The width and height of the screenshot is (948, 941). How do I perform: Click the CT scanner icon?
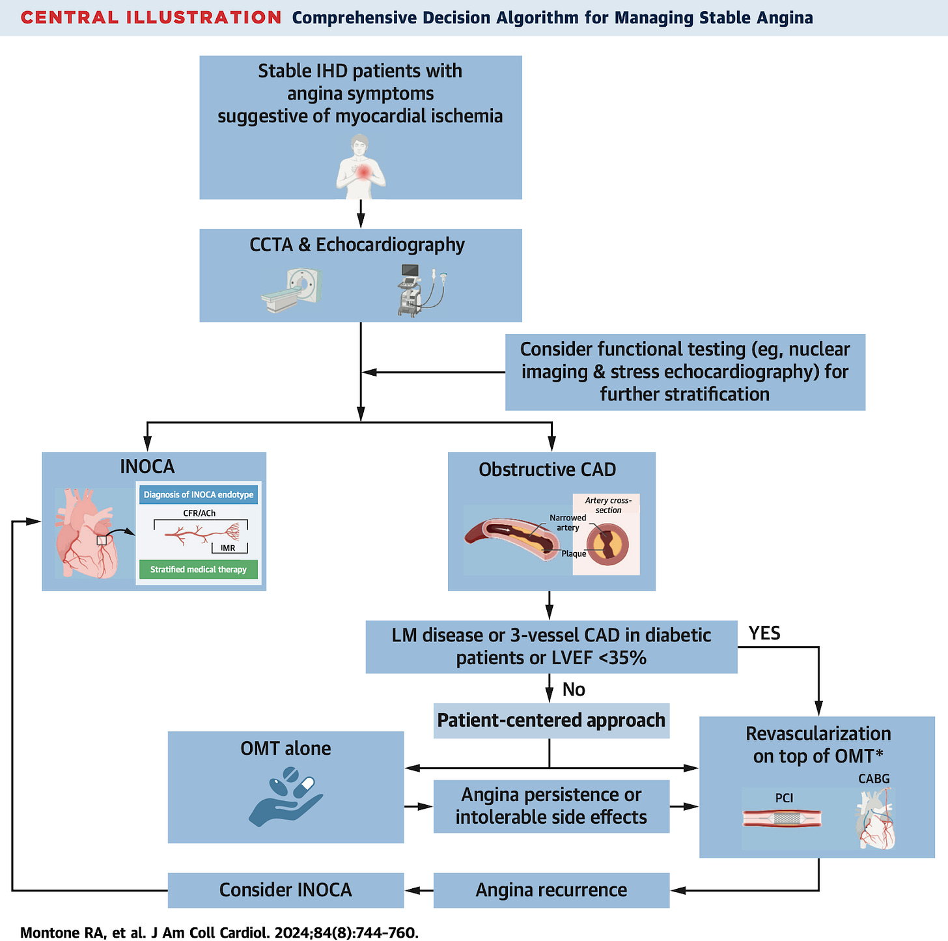pos(292,290)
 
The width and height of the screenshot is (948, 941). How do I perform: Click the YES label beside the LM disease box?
pos(764,634)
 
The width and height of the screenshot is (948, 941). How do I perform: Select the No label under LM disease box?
pos(574,690)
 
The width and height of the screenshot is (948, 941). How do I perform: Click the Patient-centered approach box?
pos(551,720)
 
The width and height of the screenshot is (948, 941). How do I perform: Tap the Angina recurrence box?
pos(551,890)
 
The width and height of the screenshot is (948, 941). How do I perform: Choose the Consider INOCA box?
pos(286,890)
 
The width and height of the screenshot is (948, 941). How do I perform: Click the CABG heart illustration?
pos(876,819)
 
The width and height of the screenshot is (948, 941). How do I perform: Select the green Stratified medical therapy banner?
pos(199,570)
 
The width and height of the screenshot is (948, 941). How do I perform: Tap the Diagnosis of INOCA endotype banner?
pos(199,495)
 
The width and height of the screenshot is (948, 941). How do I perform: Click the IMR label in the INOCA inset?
pos(228,548)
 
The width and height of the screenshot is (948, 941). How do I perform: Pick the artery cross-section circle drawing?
pos(607,544)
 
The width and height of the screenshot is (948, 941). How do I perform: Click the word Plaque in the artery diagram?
pos(574,554)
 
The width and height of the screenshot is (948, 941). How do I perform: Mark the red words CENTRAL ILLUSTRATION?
pos(151,18)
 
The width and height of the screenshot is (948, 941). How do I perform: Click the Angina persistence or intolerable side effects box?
pos(551,806)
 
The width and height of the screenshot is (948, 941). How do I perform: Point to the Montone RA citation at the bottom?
pos(219,933)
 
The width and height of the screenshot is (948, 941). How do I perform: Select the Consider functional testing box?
pos(685,372)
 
